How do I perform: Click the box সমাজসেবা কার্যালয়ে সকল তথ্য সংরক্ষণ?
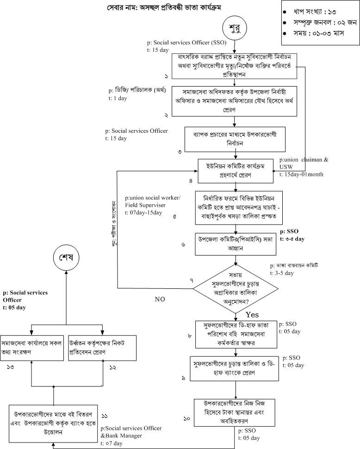point(31,346)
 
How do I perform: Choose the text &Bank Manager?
point(122,436)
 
